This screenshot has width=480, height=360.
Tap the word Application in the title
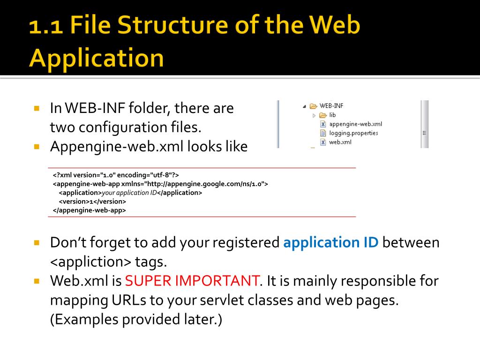tap(97, 59)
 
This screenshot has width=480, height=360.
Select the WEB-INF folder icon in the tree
tap(314, 106)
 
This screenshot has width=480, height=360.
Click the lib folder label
tap(332, 115)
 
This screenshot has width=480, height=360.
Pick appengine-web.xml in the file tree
tap(355, 124)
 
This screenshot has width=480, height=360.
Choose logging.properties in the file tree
tap(353, 133)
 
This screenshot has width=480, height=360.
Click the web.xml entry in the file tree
tap(340, 142)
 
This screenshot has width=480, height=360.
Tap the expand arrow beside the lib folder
tap(314, 115)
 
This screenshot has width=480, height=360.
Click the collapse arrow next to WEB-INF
tap(305, 106)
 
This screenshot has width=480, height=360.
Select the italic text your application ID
tap(129, 193)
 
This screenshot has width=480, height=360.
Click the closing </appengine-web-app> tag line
tap(90, 210)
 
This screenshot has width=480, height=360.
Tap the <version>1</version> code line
tap(92, 202)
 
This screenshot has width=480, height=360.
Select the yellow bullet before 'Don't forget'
tap(37, 243)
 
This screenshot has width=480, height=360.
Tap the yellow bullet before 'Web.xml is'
tap(37, 281)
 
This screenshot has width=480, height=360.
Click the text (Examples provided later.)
tap(136, 319)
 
